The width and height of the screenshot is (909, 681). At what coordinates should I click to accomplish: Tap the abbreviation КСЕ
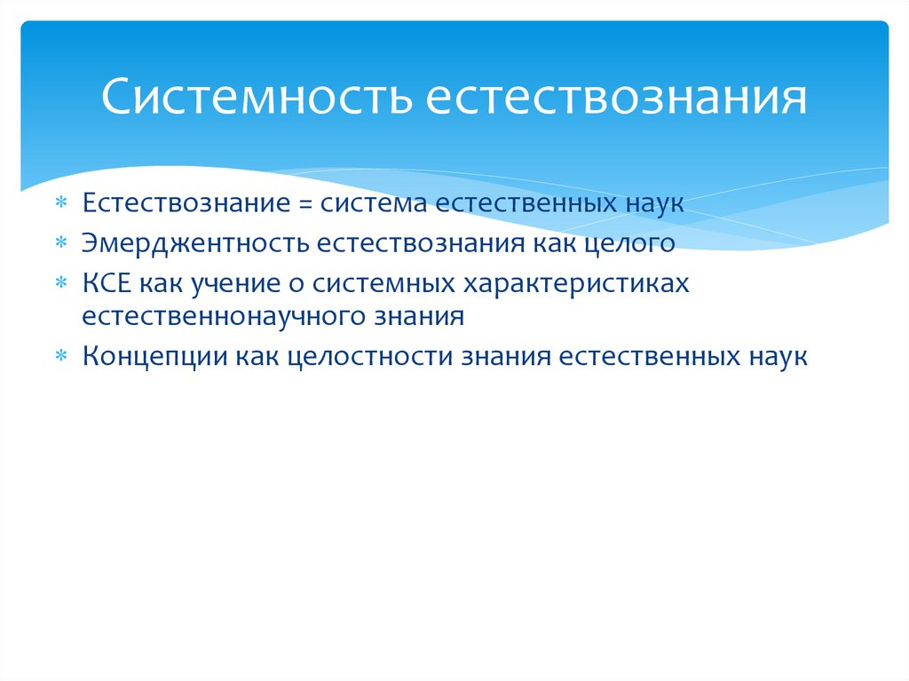107,282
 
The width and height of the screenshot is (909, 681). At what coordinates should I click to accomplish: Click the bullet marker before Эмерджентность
61,242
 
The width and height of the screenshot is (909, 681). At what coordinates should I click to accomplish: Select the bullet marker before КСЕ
61,283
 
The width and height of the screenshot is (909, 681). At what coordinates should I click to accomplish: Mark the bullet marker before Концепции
61,356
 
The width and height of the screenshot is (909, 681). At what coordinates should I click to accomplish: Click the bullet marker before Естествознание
61,202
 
